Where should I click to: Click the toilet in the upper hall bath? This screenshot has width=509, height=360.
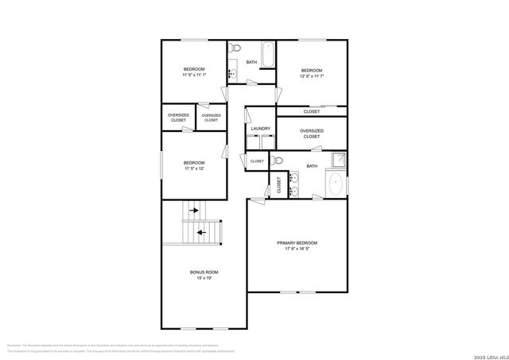pyautogui.click(x=234, y=51)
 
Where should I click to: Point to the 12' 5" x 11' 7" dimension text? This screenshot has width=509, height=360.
pyautogui.click(x=311, y=77)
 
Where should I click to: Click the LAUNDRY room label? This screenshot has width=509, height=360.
pyautogui.click(x=260, y=129)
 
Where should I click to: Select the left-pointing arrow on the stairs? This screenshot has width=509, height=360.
pyautogui.click(x=200, y=232)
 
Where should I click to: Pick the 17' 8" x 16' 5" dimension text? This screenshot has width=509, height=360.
pyautogui.click(x=297, y=249)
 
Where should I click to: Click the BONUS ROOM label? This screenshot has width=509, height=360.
pyautogui.click(x=204, y=272)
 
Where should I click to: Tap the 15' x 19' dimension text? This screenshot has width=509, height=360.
pyautogui.click(x=204, y=278)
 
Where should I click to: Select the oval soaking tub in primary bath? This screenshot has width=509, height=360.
pyautogui.click(x=336, y=185)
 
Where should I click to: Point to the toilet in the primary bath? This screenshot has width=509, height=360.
pyautogui.click(x=278, y=161)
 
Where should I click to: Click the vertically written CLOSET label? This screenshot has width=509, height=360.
pyautogui.click(x=279, y=186)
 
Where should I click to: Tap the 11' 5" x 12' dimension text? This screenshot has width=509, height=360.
pyautogui.click(x=195, y=168)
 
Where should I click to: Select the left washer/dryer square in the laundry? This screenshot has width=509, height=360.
pyautogui.click(x=252, y=142)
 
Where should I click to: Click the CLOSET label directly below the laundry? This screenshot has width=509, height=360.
pyautogui.click(x=257, y=161)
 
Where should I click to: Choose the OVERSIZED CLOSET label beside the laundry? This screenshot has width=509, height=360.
pyautogui.click(x=311, y=134)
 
